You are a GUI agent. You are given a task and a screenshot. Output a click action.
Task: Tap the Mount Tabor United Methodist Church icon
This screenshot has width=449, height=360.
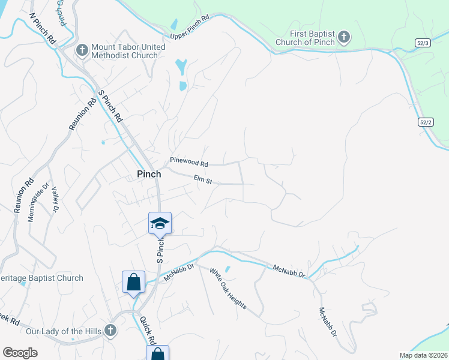coord(82,50)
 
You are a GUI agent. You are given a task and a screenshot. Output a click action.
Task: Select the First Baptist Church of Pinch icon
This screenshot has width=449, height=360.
coord(343,38)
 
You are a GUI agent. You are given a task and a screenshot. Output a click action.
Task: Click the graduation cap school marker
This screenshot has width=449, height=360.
coord(160,223)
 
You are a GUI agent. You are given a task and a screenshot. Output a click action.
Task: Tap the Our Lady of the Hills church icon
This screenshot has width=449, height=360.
coord(110,331)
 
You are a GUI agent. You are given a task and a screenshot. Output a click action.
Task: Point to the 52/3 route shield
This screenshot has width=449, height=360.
coord(422,43)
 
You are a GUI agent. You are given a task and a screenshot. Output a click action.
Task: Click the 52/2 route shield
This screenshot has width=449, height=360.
coord(425,122)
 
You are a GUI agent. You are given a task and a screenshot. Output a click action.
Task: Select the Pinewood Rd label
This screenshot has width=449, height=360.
coord(188,163)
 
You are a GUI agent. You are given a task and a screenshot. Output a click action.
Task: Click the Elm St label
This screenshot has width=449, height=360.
coord(203,178)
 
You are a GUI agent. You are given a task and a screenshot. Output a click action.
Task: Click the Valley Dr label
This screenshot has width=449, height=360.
coord(54,199)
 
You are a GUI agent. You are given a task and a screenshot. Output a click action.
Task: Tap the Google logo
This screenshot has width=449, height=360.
coord(20,353)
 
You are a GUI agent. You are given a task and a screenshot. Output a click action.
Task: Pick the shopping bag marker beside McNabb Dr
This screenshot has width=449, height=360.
coord(133,282)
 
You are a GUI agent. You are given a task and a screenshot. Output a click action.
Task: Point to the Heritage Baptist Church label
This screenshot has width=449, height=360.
coord(41,278)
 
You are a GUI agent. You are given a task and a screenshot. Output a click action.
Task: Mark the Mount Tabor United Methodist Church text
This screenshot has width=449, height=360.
coord(125,51)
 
